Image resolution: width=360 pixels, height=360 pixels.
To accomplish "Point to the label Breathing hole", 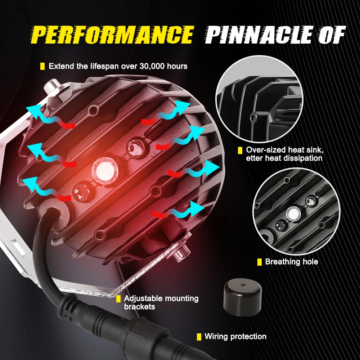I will click(292, 262).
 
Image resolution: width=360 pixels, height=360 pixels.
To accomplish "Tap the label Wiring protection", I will click(235, 337).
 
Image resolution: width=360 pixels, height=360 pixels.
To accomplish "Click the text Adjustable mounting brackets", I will click(161, 302).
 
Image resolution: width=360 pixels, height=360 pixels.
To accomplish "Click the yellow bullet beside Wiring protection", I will click(199, 337).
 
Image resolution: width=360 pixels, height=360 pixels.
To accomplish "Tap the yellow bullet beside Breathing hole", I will click(259, 262).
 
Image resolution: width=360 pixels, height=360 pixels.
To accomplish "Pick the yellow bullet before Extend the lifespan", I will click(42, 66).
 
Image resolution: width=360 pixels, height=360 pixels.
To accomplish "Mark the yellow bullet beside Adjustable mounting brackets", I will click(118, 298).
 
